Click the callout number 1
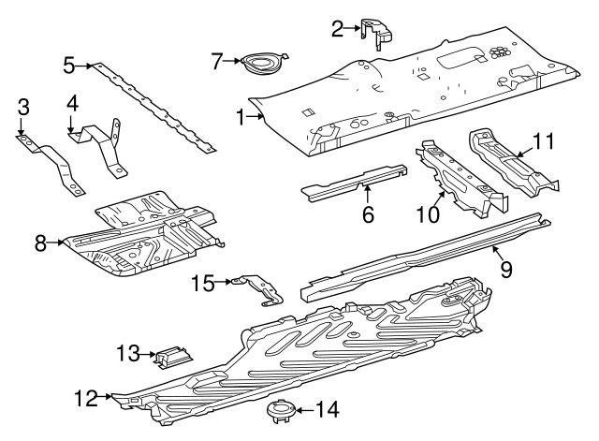pos(241,118)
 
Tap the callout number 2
pos(338,29)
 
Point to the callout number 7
pos(217,62)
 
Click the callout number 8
pos(40,243)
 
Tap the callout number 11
pos(544,141)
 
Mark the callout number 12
pos(85,399)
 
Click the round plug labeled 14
pos(277,408)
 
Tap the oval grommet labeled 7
pos(257,64)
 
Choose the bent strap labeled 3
pos(51,166)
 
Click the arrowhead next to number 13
pos(153,354)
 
